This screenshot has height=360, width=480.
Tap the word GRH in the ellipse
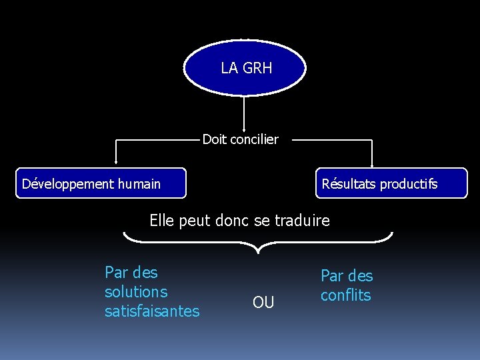coord(257,68)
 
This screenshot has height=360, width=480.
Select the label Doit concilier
coord(240,139)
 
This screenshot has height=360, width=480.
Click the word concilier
coord(254,139)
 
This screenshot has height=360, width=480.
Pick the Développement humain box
coord(101,183)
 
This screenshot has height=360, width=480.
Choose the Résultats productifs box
coord(391,183)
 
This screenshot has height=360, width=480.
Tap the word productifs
coord(409,184)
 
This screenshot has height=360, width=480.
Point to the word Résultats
coord(349,184)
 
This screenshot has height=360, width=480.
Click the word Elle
coord(162,221)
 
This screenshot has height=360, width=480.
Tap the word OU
coord(263,303)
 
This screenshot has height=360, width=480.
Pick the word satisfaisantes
coord(152,311)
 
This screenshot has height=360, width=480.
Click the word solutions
coord(136,292)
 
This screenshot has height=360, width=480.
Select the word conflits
coord(345,295)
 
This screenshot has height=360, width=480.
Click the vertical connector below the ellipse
coord(245,112)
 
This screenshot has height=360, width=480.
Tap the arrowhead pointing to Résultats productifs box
coord(372,162)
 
